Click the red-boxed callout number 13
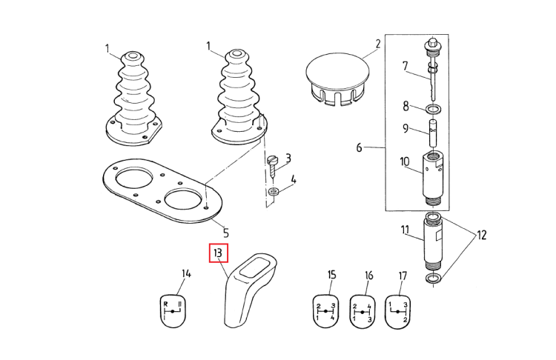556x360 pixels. point(218,253)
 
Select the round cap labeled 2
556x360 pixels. point(337,79)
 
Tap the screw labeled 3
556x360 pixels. point(272,168)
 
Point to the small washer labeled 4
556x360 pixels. point(274,192)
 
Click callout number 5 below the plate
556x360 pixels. point(226,233)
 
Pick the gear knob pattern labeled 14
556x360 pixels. point(172,311)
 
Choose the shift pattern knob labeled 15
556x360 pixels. point(325,311)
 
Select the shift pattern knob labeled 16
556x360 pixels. point(363,311)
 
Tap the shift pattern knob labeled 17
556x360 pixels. point(398,311)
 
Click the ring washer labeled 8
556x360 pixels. point(433,110)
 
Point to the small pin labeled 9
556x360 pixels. point(433,133)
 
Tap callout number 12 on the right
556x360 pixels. point(482,235)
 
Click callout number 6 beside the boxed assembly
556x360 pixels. point(360,147)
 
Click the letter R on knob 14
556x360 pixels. point(165,304)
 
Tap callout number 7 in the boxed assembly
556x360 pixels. point(405,66)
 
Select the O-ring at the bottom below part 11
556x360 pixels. point(433,279)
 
